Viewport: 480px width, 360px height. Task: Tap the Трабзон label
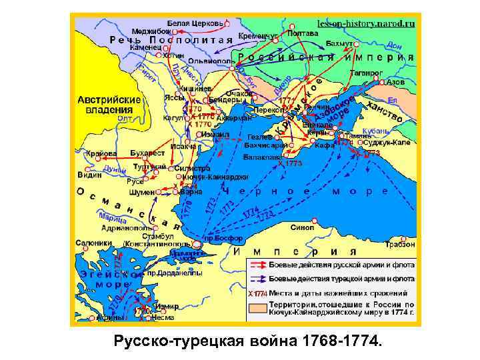click(399, 244)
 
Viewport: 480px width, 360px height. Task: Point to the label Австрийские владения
click(109, 104)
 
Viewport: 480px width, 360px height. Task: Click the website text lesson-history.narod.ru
click(366, 22)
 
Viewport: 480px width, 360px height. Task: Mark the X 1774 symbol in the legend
click(257, 293)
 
